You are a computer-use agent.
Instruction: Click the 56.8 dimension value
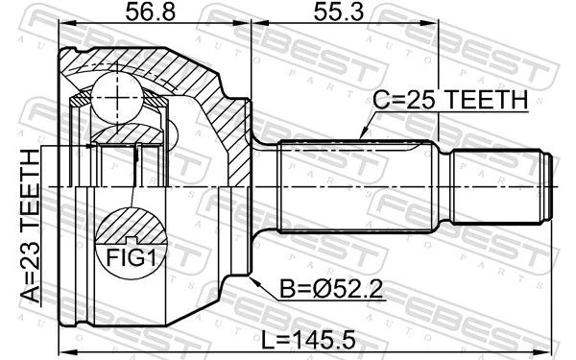click(151, 12)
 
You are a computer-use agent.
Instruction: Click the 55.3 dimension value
click(338, 12)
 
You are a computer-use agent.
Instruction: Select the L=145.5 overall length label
click(308, 340)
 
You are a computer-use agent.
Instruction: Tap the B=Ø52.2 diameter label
click(331, 288)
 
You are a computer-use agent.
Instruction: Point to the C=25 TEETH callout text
click(450, 100)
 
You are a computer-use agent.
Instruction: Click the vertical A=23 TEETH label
click(30, 226)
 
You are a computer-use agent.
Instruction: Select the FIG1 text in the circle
click(132, 257)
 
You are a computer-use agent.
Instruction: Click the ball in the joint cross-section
click(117, 97)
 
